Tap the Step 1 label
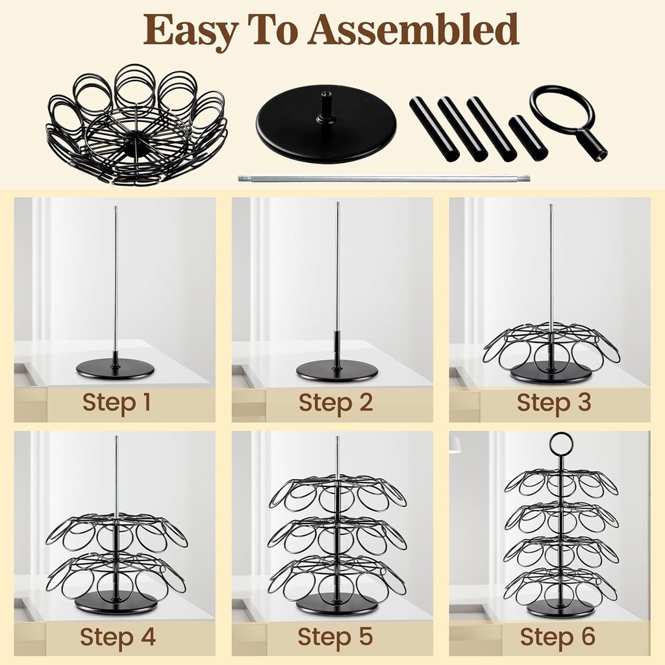pos(116,403)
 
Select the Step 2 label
pos(336,403)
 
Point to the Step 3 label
pos(554,403)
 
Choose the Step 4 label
pos(118,637)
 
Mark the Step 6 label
pos(557,637)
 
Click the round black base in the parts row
pos(326,130)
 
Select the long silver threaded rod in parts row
pos(383,178)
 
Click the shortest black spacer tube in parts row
pos(527,138)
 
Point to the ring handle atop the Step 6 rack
pos(560,444)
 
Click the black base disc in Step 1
pos(116,369)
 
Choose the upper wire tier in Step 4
pos(117,533)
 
